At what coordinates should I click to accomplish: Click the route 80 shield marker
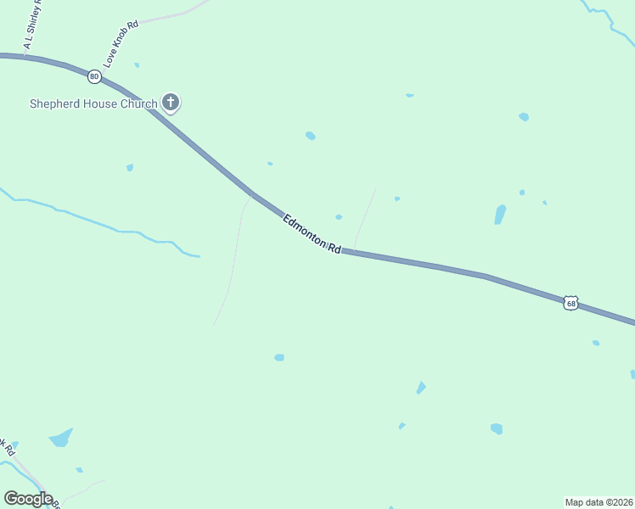tap(93, 76)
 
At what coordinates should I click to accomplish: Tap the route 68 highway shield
tap(570, 303)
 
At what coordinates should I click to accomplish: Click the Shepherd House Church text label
tap(93, 104)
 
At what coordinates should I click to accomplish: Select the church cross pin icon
tap(171, 103)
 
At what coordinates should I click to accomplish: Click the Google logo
tap(28, 498)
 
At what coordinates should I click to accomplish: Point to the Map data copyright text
tap(598, 502)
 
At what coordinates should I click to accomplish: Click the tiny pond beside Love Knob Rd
tap(137, 64)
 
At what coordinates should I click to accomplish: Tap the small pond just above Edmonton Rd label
tap(339, 217)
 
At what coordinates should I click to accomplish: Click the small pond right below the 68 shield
tap(596, 343)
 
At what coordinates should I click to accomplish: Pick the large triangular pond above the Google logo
tap(60, 438)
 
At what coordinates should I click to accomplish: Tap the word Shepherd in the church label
tap(53, 104)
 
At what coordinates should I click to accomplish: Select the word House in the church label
tap(99, 104)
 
